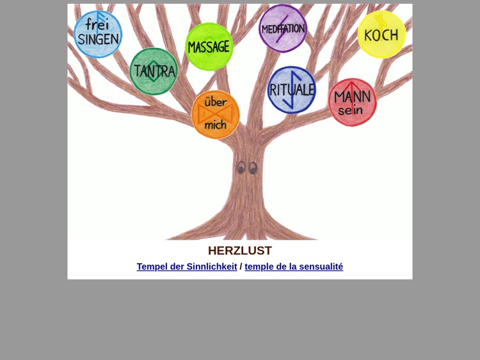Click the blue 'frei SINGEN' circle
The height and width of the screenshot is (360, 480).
[98, 34]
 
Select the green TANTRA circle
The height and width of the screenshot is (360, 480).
[154, 71]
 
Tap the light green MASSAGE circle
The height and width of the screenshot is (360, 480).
[209, 47]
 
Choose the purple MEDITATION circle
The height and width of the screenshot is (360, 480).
[283, 28]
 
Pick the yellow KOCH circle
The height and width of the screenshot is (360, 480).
[381, 35]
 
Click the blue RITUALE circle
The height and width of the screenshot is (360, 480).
[291, 90]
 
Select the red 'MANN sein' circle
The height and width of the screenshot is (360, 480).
[353, 102]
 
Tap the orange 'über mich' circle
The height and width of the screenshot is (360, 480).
[216, 115]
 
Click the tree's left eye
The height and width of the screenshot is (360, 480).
[241, 168]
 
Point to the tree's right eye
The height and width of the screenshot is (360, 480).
[253, 168]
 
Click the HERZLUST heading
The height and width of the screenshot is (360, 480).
[240, 250]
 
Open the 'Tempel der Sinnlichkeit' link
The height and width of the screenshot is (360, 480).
[187, 266]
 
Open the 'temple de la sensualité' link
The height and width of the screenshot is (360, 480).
[294, 266]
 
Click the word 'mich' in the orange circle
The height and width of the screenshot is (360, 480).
[216, 125]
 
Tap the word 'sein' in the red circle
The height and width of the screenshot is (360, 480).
[350, 110]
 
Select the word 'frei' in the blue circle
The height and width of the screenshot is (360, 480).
[97, 24]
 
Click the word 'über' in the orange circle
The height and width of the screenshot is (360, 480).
[216, 102]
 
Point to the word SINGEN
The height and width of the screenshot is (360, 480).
[99, 39]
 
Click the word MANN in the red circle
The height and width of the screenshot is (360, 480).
[353, 97]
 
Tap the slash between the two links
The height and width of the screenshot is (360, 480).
[241, 266]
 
